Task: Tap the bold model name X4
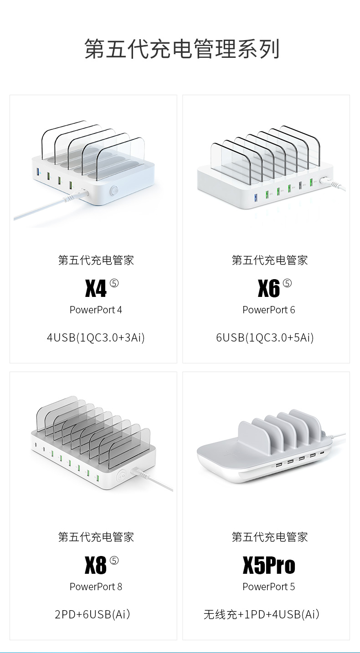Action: coord(96,288)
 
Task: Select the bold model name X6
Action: coord(268,288)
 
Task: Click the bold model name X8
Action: coord(96,565)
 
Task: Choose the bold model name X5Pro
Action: coord(269,565)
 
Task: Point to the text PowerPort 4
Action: coord(96,310)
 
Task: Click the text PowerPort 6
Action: coord(268,310)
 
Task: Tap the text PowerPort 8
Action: coord(96,587)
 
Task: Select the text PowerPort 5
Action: coord(268,587)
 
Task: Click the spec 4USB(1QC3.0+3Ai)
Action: coord(96,337)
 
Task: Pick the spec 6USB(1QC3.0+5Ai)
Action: coord(265,337)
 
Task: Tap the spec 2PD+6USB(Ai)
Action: coord(93,614)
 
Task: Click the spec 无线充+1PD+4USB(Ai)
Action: coord(262,614)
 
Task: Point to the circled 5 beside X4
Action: coord(114,283)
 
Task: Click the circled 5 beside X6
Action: coord(287,283)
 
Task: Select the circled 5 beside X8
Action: coord(114,560)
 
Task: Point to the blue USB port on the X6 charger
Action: coord(256,197)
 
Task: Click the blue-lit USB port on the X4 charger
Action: coord(38,173)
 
